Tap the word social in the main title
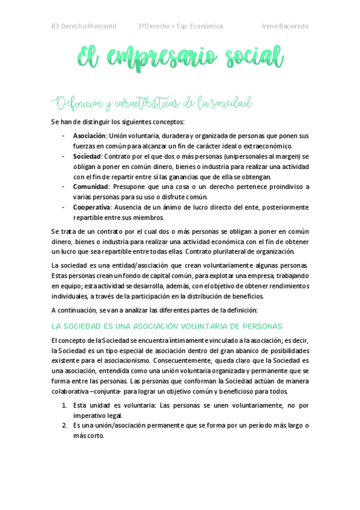253,60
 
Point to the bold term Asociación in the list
89,135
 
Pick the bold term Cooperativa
91,207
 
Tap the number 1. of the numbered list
64,405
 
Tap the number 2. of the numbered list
64,426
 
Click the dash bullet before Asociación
64,135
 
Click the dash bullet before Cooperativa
64,207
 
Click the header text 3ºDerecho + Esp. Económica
180,26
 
